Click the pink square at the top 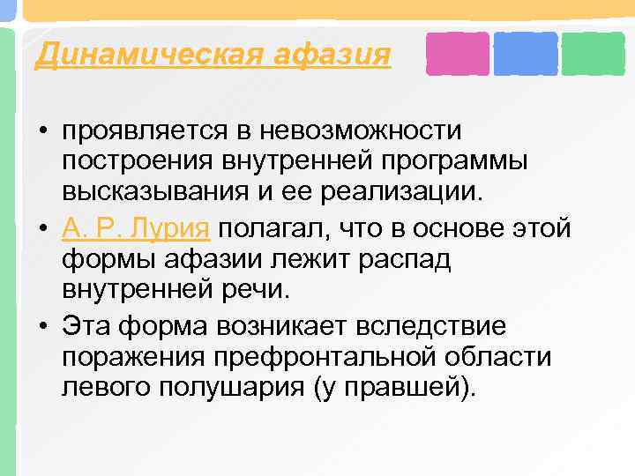(x=457, y=54)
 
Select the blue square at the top (x=526, y=54)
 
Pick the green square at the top (x=593, y=54)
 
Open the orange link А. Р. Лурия (x=136, y=228)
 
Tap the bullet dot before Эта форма (x=42, y=326)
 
